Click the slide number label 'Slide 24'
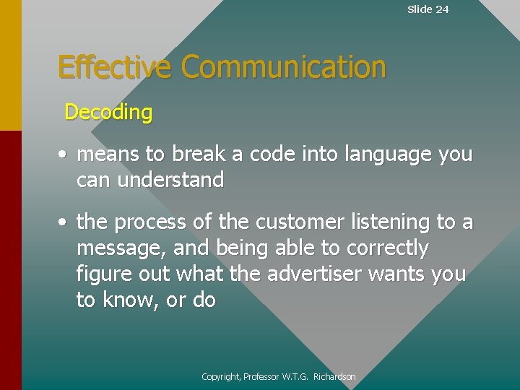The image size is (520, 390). [428, 9]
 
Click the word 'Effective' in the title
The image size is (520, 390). [115, 67]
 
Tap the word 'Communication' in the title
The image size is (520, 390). [283, 67]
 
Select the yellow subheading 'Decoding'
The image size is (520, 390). [108, 112]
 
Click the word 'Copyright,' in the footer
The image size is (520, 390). [221, 376]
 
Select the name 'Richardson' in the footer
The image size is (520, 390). [334, 376]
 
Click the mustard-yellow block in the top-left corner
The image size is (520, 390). [10, 65]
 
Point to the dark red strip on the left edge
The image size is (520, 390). [10, 260]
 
